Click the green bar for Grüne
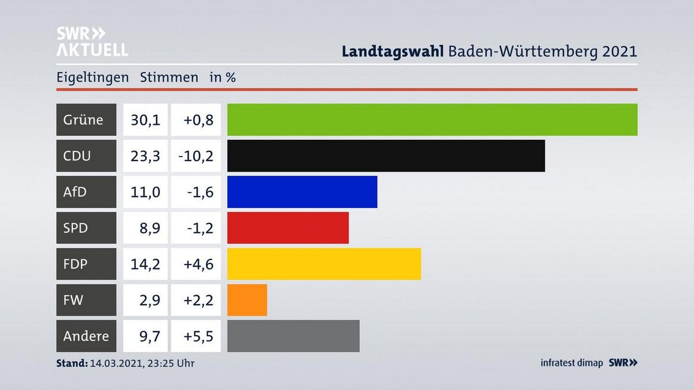[432, 120]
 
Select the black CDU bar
[386, 155]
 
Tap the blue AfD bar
[302, 192]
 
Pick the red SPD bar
[287, 228]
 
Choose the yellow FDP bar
[324, 264]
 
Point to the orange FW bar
[247, 300]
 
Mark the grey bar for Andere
[293, 336]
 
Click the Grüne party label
[83, 120]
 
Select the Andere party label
[86, 336]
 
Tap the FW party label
[73, 300]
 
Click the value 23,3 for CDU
[146, 155]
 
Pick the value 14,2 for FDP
[146, 264]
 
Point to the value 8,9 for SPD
[149, 228]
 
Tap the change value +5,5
[198, 336]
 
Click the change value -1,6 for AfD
[200, 192]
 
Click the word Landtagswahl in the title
[392, 51]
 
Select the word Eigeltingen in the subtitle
[93, 77]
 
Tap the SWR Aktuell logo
[92, 42]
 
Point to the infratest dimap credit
[571, 363]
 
